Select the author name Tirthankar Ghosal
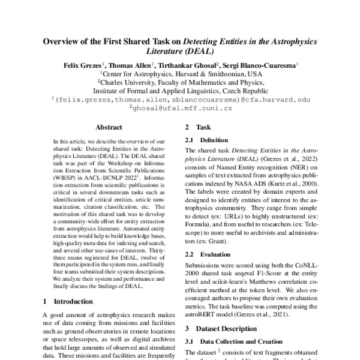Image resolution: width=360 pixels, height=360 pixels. (191, 65)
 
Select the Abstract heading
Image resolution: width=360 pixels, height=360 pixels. (109, 128)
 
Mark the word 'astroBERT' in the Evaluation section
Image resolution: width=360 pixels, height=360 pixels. (202, 313)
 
